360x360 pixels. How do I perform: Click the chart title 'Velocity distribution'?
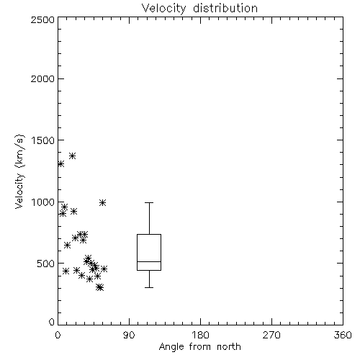point(199,9)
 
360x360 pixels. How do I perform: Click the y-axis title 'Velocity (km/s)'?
point(19,171)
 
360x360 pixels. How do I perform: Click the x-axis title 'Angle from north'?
point(199,347)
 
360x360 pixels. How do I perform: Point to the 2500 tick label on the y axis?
point(42,19)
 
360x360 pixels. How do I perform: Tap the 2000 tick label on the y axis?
point(42,78)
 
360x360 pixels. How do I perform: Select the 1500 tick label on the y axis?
point(43,140)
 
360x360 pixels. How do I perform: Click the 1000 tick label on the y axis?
point(43,202)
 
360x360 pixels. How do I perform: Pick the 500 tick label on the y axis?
point(46,264)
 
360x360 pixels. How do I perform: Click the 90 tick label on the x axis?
point(129,335)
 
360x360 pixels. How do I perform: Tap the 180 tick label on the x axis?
point(200,335)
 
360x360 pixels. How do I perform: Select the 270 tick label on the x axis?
point(271,335)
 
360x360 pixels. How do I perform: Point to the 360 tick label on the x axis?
point(343,335)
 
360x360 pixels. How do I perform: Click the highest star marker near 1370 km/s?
point(73,156)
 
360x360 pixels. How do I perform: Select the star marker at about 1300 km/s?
point(61,164)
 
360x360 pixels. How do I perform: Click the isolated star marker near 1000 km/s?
point(103,203)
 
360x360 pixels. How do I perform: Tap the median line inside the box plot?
point(149,261)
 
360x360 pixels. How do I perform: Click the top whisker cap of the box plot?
point(149,203)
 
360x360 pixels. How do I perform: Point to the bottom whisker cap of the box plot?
point(149,287)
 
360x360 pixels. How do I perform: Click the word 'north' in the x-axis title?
point(229,347)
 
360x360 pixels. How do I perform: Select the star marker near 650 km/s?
point(68,246)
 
